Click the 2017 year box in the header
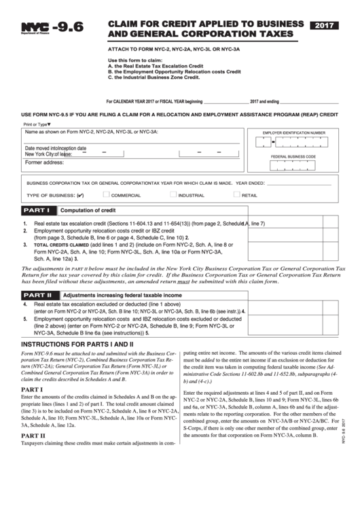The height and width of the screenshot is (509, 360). point(329,25)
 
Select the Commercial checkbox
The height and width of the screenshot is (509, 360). point(106,195)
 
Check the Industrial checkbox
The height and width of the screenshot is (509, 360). point(173,195)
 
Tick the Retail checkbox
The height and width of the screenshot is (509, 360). point(236,195)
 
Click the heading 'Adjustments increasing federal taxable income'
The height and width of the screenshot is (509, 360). point(122,296)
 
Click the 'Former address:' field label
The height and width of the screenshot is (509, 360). point(44,163)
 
